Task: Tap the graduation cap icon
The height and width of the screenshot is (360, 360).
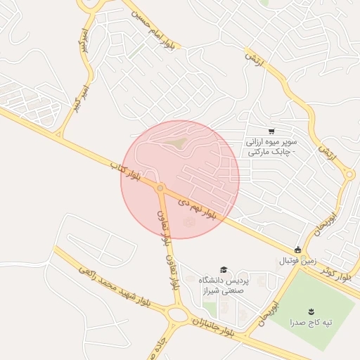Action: tap(224, 269)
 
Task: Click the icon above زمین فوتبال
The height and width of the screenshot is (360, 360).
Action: tap(298, 250)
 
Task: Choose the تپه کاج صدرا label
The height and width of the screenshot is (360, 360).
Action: tap(310, 323)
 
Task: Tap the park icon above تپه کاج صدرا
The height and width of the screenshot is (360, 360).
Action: tap(310, 310)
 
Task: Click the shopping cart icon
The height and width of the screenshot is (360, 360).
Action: tap(271, 131)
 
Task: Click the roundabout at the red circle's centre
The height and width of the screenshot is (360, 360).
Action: tap(161, 188)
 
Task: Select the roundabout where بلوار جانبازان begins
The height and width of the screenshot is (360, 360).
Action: tap(179, 315)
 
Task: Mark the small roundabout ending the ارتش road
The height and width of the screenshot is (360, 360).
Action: tap(349, 175)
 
